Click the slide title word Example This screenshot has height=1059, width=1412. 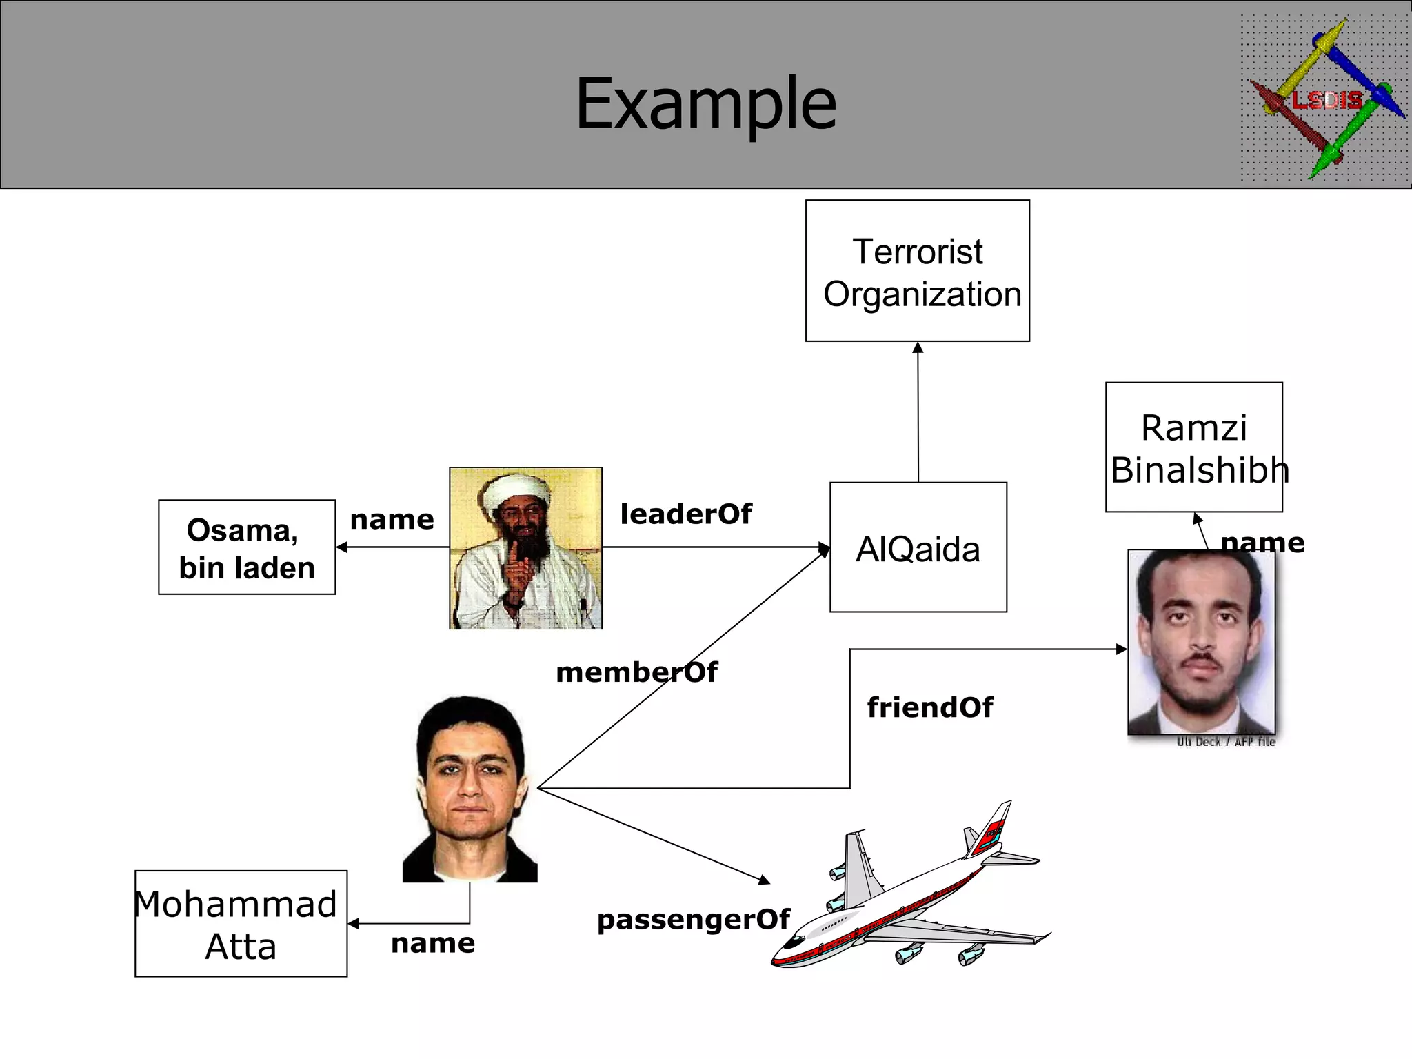(705, 103)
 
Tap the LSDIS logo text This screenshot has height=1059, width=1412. (1327, 101)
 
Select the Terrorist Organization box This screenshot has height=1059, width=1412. (918, 271)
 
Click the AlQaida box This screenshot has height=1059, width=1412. (918, 547)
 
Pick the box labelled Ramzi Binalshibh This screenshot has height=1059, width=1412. (1193, 447)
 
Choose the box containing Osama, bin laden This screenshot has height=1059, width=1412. (247, 547)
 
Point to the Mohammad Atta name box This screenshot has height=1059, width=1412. (241, 924)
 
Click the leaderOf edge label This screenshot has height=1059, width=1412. (686, 514)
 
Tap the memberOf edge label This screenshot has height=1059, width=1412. (636, 672)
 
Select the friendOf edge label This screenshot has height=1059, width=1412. (930, 707)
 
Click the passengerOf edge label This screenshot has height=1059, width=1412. (693, 919)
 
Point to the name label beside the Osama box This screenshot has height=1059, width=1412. (392, 519)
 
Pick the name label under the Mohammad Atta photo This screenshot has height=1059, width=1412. (433, 942)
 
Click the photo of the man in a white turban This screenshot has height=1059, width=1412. (525, 548)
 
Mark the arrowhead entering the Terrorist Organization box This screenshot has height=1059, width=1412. (918, 347)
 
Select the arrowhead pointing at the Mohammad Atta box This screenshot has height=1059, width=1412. (354, 924)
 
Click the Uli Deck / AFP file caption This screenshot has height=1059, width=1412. (1226, 742)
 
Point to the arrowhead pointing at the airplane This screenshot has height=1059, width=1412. (764, 880)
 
